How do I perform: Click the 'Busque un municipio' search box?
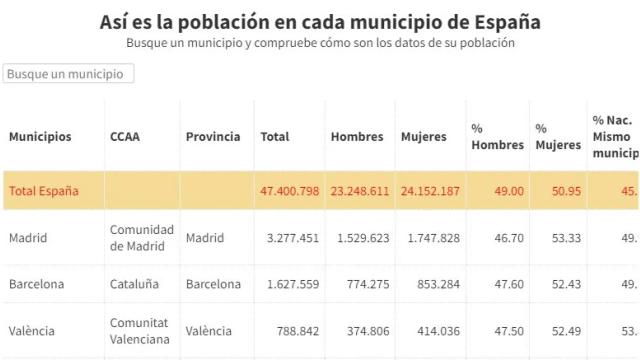pos(68,73)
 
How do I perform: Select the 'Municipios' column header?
pos(40,136)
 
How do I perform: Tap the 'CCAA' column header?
pos(124,136)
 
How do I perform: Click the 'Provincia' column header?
pos(213,136)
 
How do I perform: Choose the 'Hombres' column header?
pos(357,136)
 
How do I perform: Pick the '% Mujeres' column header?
pos(558,136)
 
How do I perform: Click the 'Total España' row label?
pos(43,190)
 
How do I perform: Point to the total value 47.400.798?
pos(289,190)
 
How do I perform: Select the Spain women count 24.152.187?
pos(430,190)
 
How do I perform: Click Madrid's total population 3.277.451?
pos(292,238)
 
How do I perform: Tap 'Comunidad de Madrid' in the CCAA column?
pos(142,238)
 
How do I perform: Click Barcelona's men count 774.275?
pos(368,284)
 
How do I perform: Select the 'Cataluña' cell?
pos(134,284)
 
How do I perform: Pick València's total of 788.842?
pos(297,331)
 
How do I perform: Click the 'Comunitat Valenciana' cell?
pos(139,331)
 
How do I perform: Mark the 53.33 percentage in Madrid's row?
pos(566,238)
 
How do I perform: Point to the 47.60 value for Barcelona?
pos(509,284)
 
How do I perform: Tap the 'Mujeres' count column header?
pos(423,136)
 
